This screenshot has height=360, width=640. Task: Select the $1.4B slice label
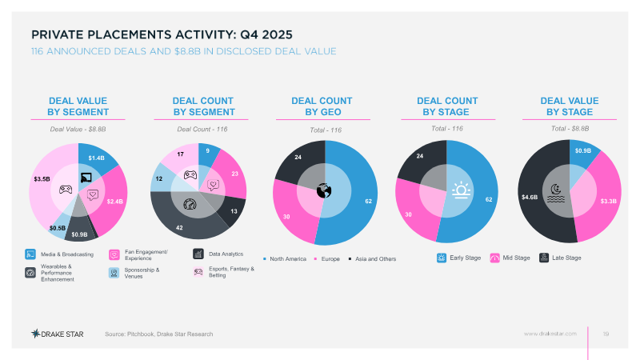pyautogui.click(x=96, y=158)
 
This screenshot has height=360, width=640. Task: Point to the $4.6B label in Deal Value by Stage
pyautogui.click(x=529, y=196)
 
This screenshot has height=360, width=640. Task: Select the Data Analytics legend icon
pyautogui.click(x=198, y=254)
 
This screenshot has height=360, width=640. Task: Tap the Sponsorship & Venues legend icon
pyautogui.click(x=114, y=273)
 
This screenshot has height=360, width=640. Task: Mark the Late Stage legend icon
pyautogui.click(x=544, y=258)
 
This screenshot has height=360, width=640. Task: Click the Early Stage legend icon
pyautogui.click(x=442, y=258)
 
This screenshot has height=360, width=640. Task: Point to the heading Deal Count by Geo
pyautogui.click(x=322, y=106)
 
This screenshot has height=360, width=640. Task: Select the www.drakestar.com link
pyautogui.click(x=550, y=333)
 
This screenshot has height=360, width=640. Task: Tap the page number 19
pyautogui.click(x=606, y=333)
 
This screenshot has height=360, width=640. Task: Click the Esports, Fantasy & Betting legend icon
pyautogui.click(x=198, y=273)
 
